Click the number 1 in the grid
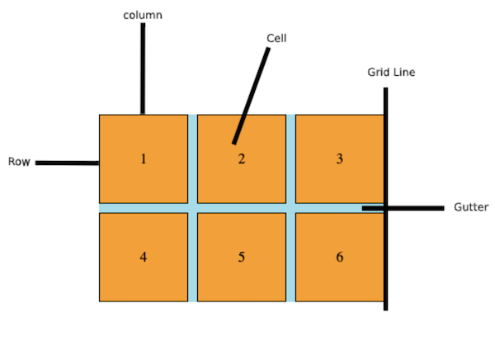(x=144, y=159)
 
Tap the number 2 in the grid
(x=242, y=159)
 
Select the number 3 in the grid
(x=339, y=159)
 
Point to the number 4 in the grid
(x=144, y=257)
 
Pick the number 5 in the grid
(x=242, y=257)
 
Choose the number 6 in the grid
(x=339, y=257)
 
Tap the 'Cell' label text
(x=276, y=38)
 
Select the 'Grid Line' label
(x=391, y=72)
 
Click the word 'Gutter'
(x=471, y=206)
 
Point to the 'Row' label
(x=19, y=162)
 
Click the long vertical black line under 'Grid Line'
(x=385, y=264)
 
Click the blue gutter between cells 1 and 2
(x=193, y=159)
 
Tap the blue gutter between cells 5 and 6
(x=290, y=257)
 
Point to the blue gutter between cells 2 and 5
(x=242, y=208)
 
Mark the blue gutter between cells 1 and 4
(x=144, y=208)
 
